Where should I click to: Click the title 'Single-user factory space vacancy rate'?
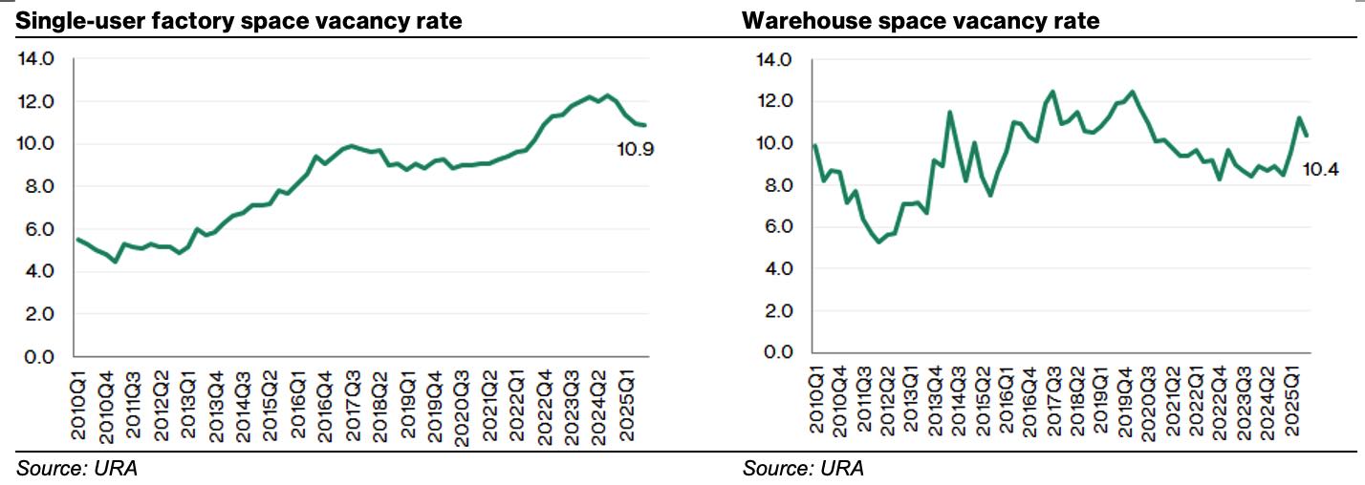click(x=238, y=20)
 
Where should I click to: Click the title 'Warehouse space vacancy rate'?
click(x=921, y=20)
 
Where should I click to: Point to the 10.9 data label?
click(x=635, y=149)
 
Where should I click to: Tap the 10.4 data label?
click(x=1320, y=169)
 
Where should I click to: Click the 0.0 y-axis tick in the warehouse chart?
click(x=774, y=353)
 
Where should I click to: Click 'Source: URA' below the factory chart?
click(x=76, y=469)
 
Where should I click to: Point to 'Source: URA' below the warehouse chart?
click(x=803, y=469)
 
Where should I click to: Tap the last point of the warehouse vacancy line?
click(x=1306, y=135)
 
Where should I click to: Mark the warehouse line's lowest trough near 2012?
click(x=879, y=242)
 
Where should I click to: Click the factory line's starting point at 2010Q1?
click(x=78, y=240)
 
